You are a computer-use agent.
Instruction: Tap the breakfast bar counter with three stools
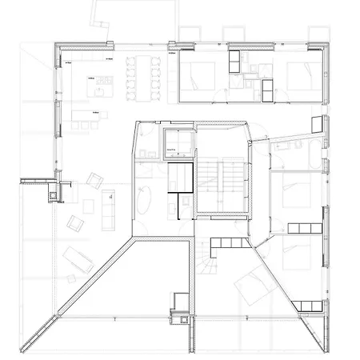(x=87, y=119)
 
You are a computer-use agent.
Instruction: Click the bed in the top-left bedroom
(x=199, y=77)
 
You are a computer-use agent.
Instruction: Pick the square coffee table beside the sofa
(x=88, y=206)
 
